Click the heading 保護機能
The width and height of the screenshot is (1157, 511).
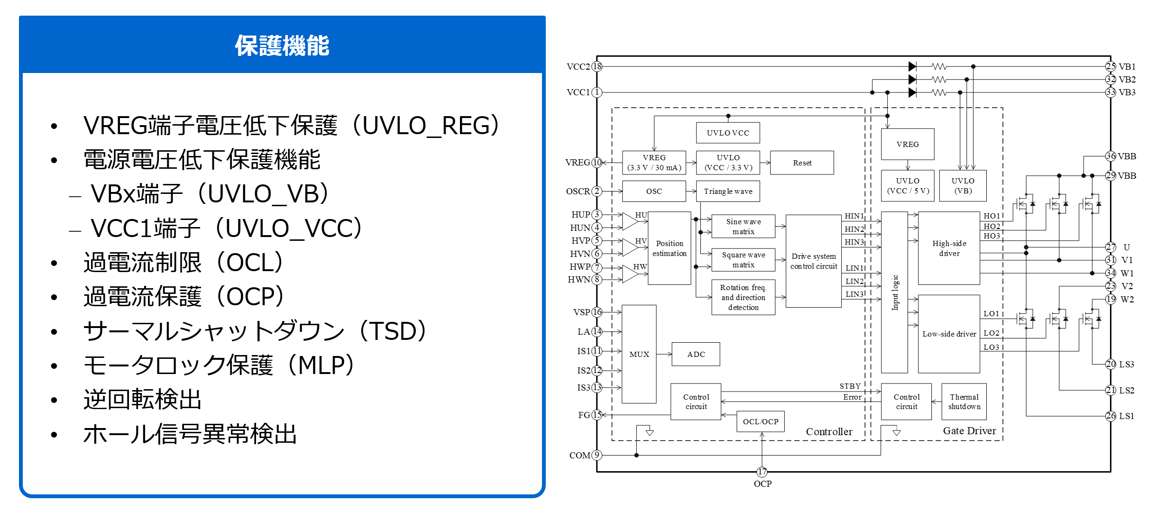click(282, 46)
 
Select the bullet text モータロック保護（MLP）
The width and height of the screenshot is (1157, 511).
click(219, 365)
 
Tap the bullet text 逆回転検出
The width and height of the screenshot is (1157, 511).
click(142, 399)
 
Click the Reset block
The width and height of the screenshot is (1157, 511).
click(802, 163)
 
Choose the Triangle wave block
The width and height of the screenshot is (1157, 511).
click(728, 191)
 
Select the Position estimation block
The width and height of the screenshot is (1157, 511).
click(669, 248)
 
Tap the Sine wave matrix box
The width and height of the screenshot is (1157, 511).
click(743, 226)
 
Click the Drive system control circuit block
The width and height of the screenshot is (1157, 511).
click(813, 261)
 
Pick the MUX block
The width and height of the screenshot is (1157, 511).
click(639, 354)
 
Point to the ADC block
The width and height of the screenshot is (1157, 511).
click(696, 354)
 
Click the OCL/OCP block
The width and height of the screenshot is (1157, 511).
click(760, 421)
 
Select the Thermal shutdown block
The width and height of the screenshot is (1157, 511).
click(964, 401)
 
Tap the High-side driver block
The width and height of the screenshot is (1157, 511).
click(949, 248)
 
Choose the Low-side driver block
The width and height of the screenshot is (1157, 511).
click(949, 334)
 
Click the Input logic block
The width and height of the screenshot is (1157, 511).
click(894, 292)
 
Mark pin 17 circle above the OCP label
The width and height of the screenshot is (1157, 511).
click(762, 472)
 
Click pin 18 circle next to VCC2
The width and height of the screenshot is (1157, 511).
click(597, 66)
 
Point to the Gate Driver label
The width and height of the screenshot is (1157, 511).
click(969, 430)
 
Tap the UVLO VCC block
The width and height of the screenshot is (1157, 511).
click(728, 133)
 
